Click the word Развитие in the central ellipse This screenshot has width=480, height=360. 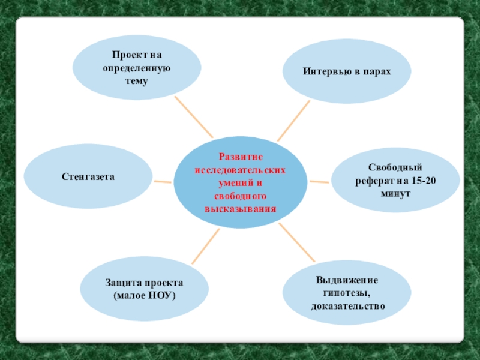240,157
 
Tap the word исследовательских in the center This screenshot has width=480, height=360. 240,170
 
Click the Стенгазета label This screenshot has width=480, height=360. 88,177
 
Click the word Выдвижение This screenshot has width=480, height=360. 347,280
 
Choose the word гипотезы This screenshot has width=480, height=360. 346,293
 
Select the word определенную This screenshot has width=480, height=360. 137,68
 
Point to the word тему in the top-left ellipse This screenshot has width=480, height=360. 136,81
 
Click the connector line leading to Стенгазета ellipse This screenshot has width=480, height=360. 163,181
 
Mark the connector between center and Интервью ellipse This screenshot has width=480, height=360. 294,121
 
